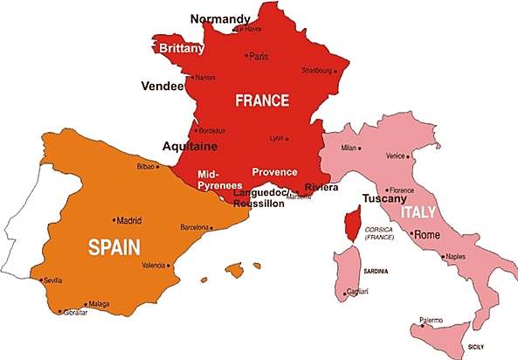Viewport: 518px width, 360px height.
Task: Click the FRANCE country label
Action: [262, 100]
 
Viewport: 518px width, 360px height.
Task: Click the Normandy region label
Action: [219, 18]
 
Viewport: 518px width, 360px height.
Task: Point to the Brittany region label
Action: [182, 49]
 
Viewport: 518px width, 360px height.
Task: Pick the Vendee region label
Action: [162, 87]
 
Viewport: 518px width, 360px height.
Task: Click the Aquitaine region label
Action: [190, 146]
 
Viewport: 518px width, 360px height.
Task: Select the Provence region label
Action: [274, 172]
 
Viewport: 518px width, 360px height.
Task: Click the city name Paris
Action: [259, 57]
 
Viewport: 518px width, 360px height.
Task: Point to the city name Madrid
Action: [128, 221]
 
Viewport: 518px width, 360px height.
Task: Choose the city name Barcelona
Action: [195, 227]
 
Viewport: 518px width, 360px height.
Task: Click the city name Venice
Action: [396, 156]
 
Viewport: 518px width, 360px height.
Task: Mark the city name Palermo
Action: [432, 320]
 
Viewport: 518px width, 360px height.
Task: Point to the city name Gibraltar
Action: [76, 312]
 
